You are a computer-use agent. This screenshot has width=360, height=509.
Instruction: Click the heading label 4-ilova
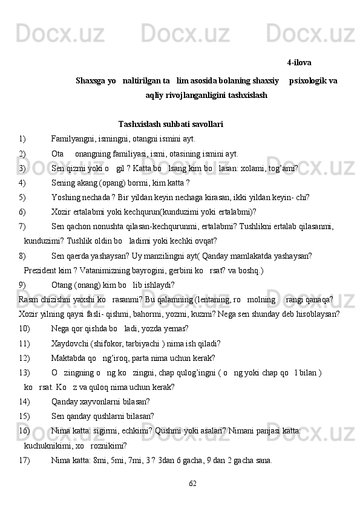click(x=299, y=62)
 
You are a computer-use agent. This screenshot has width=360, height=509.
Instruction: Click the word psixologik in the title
click(x=307, y=80)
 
